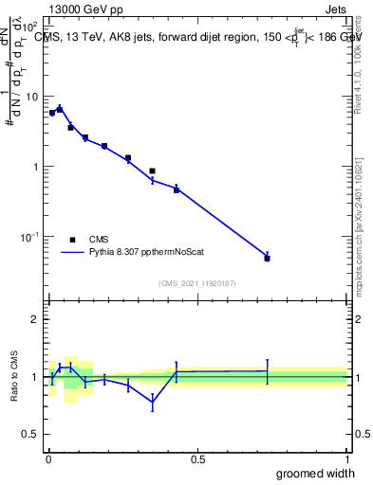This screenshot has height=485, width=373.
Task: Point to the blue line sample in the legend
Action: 73,253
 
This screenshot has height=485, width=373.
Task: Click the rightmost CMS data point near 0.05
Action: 267,258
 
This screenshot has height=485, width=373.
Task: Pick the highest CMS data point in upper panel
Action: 60,110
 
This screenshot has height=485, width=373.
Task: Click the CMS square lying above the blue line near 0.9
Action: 152,171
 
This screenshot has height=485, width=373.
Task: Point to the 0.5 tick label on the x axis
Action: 197,459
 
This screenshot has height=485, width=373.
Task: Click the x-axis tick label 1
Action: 347,459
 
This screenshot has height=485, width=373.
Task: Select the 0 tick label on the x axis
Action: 47,459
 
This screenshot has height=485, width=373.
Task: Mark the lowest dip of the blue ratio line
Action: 152,402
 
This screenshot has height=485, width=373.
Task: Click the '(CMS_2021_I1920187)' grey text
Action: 196,284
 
